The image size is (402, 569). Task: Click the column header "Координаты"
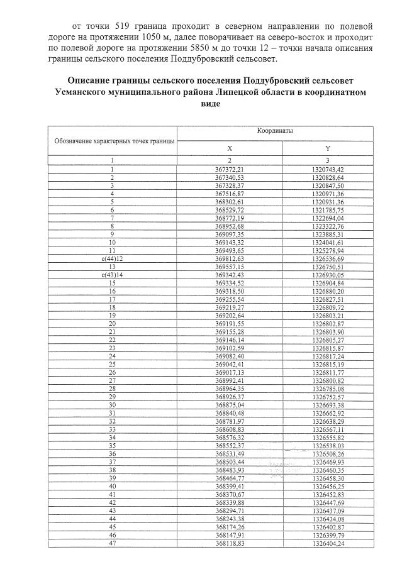click(x=274, y=131)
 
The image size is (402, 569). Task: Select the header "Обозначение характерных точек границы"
click(x=111, y=142)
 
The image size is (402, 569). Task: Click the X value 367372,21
click(x=229, y=170)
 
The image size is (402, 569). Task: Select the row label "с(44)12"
click(x=111, y=258)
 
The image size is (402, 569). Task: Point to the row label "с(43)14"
click(x=111, y=275)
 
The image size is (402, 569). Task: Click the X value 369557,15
click(x=229, y=267)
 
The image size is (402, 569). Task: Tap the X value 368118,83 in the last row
click(x=229, y=543)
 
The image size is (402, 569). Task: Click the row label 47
click(x=111, y=543)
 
